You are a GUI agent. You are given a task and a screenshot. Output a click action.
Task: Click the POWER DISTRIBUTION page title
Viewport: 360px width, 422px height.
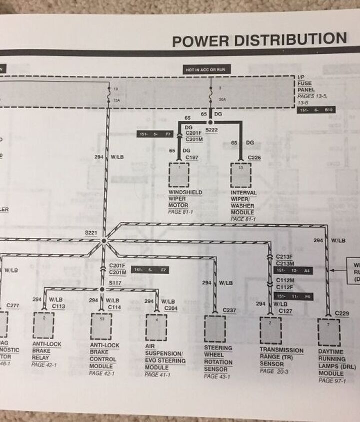(259, 39)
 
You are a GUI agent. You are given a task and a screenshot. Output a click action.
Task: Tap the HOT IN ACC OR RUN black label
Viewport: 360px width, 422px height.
(207, 70)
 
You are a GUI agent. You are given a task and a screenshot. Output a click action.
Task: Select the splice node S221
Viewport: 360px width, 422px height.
(103, 241)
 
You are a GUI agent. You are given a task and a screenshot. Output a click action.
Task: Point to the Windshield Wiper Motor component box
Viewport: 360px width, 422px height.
(179, 175)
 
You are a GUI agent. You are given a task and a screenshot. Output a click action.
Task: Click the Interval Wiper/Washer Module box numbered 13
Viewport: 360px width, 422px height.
(240, 175)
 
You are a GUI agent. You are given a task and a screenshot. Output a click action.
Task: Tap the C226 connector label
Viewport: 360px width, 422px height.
(254, 157)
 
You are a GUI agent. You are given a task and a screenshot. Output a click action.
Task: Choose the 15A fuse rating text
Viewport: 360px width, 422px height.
(116, 100)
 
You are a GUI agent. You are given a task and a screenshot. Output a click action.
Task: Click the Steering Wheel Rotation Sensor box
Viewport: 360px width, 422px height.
(215, 329)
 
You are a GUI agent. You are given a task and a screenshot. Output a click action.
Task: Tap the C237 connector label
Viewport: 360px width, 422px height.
(229, 310)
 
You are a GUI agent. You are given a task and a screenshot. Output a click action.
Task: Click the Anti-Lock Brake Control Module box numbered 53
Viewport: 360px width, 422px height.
(101, 326)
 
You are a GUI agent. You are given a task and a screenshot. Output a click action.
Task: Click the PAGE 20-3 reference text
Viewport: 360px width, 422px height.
(274, 371)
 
